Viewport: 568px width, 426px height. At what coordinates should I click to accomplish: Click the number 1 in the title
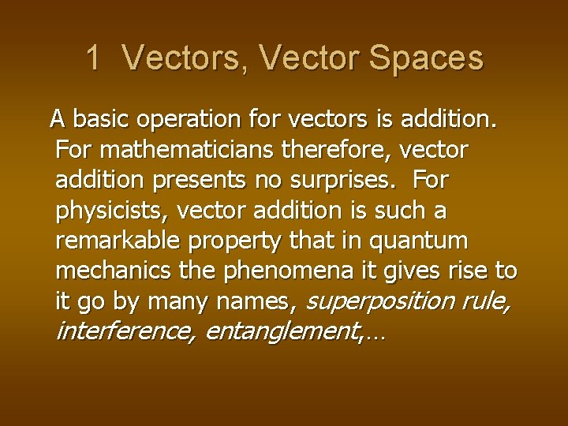tap(93, 58)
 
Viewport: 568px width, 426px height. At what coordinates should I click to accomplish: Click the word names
tap(255, 301)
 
